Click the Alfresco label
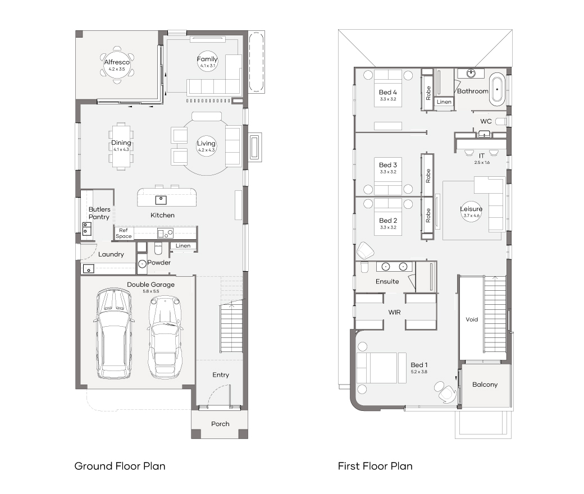coord(117,62)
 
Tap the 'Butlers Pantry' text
coord(99,213)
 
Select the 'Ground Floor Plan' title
coord(120,466)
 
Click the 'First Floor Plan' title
coord(375,466)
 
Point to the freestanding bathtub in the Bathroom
coord(497,89)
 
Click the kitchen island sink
coord(161,200)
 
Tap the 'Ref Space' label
coord(124,234)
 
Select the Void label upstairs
coord(472,319)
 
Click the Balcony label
coord(485,385)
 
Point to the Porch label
coord(220,424)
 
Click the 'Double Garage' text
coord(151,285)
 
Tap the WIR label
coord(394,312)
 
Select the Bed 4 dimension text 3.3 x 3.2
coord(388,99)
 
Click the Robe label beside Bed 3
coord(428,176)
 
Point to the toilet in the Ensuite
coord(364,267)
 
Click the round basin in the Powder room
coord(142,264)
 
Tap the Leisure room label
coord(471,209)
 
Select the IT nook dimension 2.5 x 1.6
coord(482,162)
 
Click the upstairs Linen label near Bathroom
coord(444,102)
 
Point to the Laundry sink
coord(88,268)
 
